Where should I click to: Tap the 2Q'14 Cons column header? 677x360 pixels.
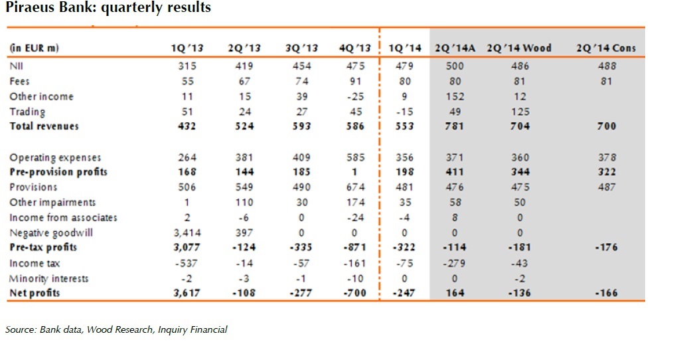[606, 48]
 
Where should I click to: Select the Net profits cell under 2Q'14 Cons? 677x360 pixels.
[605, 293]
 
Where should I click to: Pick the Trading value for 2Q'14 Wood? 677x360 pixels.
[520, 112]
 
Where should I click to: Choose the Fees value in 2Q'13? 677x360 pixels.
[245, 81]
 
